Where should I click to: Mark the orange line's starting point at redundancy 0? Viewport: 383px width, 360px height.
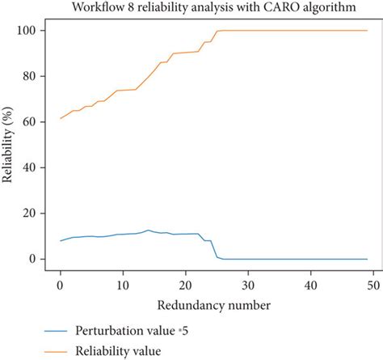tap(60, 118)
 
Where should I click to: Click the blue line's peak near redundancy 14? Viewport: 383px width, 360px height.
tap(148, 231)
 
